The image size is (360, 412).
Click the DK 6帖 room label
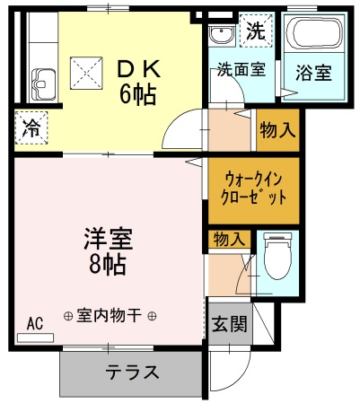137,83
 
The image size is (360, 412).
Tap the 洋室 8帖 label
108,251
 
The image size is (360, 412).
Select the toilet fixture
277,257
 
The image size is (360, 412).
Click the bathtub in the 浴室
314,32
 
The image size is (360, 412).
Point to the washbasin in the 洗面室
222,35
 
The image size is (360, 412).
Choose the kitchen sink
43,84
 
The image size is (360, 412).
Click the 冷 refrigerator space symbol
31,127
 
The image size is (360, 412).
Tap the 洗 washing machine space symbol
256,31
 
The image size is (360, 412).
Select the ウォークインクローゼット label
253,188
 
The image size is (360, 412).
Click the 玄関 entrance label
230,324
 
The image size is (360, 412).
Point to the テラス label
132,373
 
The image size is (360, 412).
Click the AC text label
35,323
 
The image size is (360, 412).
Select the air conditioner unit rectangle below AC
36,337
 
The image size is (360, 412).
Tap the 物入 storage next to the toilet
229,239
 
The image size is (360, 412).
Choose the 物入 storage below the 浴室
278,130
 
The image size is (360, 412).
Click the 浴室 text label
314,73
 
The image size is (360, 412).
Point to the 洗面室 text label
241,69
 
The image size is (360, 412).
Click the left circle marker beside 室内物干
68,315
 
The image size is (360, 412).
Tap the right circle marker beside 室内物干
152,315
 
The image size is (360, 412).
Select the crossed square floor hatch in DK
86,73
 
